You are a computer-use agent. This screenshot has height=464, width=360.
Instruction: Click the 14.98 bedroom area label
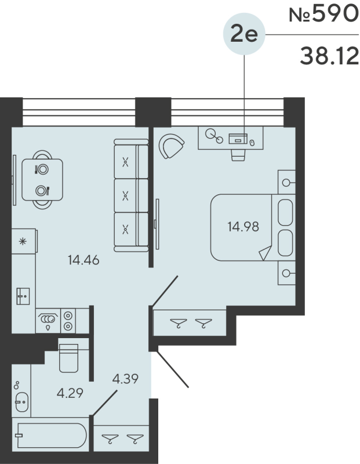[x=243, y=226]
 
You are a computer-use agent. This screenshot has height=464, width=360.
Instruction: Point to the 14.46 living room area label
[x=83, y=260]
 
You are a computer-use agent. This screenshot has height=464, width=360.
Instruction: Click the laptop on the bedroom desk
[x=238, y=139]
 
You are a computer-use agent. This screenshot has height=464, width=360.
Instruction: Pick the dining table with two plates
[x=41, y=179]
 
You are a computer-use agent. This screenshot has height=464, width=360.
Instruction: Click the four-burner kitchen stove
[x=68, y=320]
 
